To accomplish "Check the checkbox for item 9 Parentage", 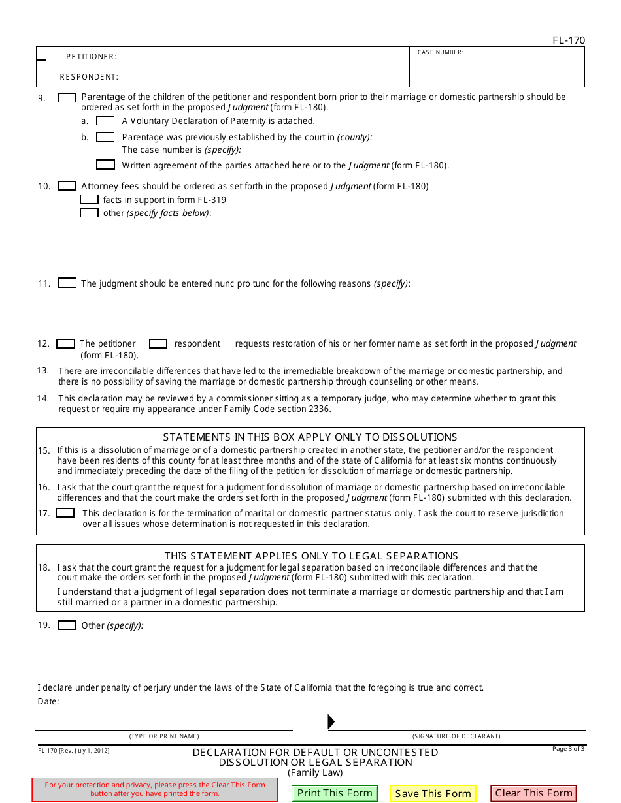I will [67, 97].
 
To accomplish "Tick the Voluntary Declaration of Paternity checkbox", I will [105, 121].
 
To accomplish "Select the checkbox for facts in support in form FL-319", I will [90, 200].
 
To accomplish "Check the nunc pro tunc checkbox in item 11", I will [67, 283].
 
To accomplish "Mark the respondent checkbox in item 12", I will [158, 343].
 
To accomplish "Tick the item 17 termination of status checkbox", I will [65, 513].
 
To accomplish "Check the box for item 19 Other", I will [67, 625].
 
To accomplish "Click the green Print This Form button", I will [335, 793].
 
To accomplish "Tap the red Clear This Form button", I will [533, 793].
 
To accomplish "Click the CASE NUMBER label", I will [441, 52].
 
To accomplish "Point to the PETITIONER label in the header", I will [92, 57].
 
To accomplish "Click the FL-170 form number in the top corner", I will [569, 40].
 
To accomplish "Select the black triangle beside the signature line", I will [331, 721].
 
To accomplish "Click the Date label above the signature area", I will [48, 702].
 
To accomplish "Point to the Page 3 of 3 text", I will [568, 749].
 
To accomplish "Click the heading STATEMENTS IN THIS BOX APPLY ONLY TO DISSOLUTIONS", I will [310, 437].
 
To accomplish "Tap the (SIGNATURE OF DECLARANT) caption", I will [456, 736].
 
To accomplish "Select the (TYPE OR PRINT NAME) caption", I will [164, 736].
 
